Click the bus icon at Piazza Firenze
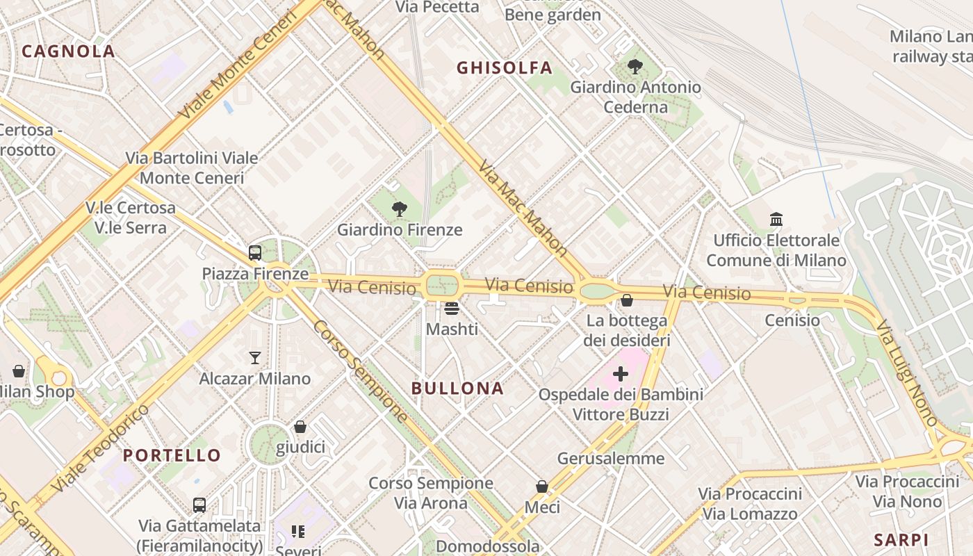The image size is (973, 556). [x=255, y=253]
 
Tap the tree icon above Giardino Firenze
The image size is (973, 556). [x=399, y=208]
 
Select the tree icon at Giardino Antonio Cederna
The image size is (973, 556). [x=635, y=67]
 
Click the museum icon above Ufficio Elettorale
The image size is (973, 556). [x=776, y=220]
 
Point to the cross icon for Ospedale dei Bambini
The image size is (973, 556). [x=620, y=374]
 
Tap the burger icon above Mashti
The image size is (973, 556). [x=452, y=308]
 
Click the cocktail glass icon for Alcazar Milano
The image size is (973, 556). [x=255, y=358]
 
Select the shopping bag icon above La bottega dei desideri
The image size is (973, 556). [x=627, y=300]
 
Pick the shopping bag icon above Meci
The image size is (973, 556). [x=542, y=486]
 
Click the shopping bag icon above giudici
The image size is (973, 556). [x=300, y=426]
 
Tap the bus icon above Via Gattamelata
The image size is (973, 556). [x=199, y=505]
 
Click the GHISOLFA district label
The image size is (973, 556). [x=504, y=67]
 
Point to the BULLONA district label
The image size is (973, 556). [x=457, y=389]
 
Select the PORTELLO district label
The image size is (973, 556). [x=172, y=456]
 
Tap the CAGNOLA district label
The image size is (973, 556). [x=68, y=51]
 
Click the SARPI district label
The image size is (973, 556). [x=901, y=540]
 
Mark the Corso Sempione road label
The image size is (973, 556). [x=360, y=372]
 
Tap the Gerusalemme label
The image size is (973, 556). [x=611, y=459]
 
